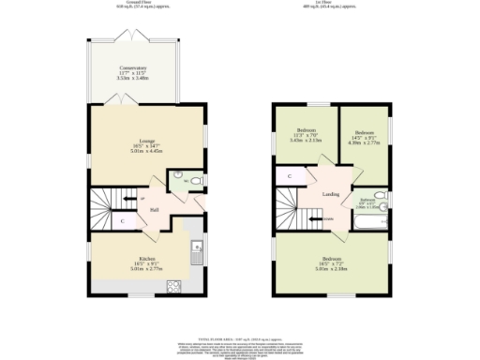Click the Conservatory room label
coord(132,68)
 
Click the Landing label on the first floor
coord(331,194)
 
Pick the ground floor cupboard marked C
coord(123,221)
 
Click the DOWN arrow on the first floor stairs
coord(327,219)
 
